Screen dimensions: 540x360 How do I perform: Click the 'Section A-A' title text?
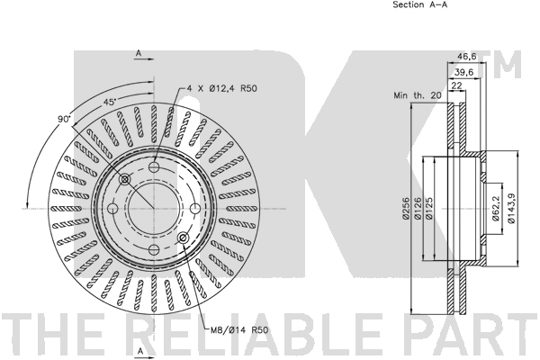420,4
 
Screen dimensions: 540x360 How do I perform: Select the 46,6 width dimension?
466,57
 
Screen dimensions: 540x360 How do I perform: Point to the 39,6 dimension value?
463,72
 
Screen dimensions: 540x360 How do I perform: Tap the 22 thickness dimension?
456,85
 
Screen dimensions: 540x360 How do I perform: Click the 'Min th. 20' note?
417,95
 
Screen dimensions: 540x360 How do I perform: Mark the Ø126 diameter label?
418,208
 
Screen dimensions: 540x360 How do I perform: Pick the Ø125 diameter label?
429,208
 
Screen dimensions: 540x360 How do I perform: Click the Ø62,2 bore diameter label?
496,209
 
